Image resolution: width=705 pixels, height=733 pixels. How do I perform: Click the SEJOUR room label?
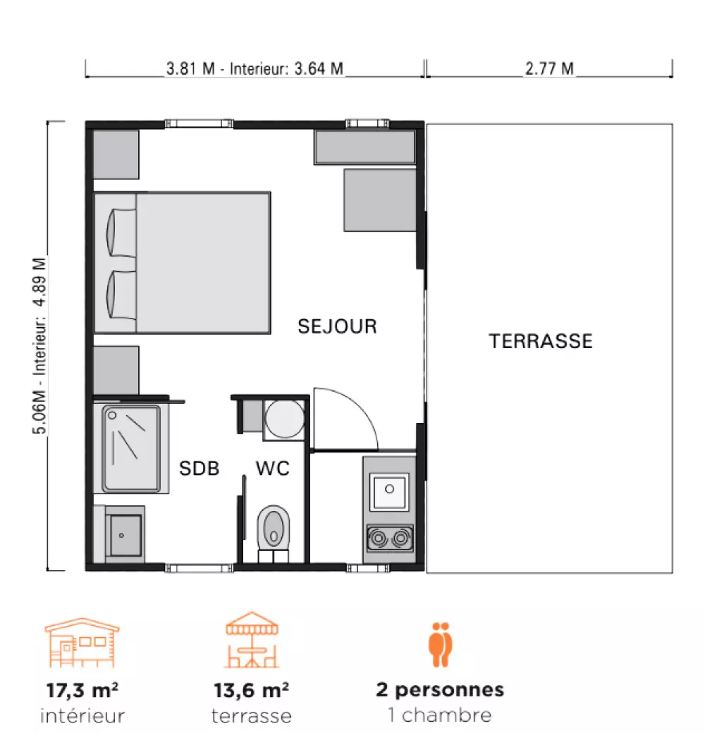[x=337, y=326]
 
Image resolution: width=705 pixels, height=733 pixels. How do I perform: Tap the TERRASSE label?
[x=541, y=341]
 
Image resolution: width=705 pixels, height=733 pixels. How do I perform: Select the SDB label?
[x=199, y=469]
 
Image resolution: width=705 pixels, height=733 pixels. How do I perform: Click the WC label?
[x=273, y=469]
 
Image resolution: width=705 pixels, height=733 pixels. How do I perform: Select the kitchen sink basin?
[x=389, y=492]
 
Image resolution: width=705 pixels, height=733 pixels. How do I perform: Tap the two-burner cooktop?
[x=390, y=538]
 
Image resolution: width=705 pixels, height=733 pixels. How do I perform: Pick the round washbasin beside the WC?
[x=285, y=419]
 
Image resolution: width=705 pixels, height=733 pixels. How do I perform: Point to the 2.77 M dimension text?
[x=549, y=69]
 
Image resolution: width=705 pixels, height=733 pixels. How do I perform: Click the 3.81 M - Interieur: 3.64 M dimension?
[x=255, y=69]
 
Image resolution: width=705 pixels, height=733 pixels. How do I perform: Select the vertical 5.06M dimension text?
[x=39, y=346]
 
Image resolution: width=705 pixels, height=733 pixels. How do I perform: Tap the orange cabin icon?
[x=82, y=643]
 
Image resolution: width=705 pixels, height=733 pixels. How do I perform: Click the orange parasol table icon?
[x=252, y=639]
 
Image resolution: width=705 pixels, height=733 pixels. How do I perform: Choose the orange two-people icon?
[x=441, y=644]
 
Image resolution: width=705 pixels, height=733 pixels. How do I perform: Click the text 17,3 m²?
[x=82, y=690]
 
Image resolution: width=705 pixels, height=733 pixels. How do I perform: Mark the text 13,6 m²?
[x=252, y=690]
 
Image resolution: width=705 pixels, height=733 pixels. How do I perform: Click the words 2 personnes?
[x=440, y=690]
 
